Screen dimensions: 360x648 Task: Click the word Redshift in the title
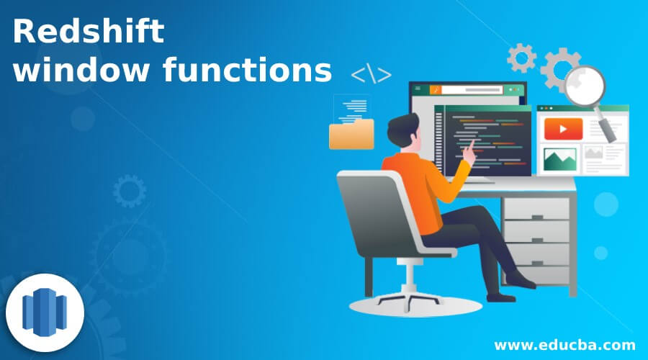click(x=88, y=33)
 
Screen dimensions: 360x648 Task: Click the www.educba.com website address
click(x=565, y=344)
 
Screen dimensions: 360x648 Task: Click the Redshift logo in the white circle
click(x=45, y=314)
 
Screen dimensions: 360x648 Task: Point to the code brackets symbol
click(x=372, y=74)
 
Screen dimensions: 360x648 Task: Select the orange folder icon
click(x=351, y=133)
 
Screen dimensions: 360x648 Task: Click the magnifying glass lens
click(x=584, y=86)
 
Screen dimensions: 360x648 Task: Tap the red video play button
click(x=558, y=129)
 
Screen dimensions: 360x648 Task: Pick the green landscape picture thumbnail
click(x=559, y=158)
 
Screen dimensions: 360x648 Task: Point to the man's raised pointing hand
click(x=469, y=149)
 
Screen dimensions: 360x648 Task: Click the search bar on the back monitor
click(x=472, y=90)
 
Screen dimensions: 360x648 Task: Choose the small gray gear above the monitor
click(x=521, y=57)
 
